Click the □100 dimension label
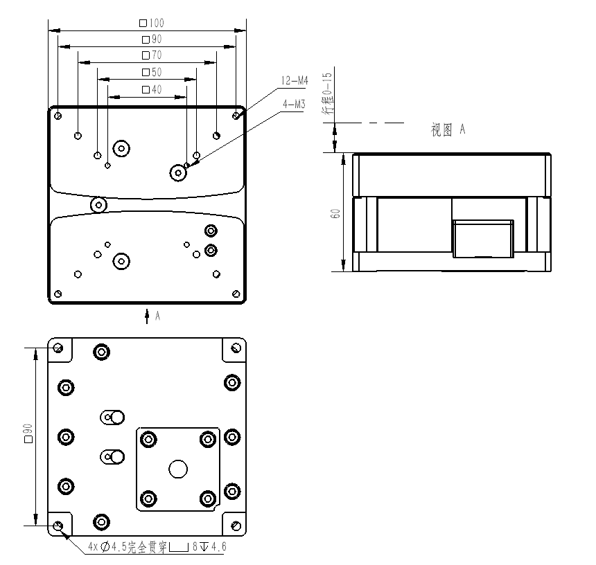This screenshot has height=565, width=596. point(152,23)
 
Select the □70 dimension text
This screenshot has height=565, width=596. point(152,55)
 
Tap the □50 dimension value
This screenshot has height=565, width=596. point(152,72)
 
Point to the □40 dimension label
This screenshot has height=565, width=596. point(152,89)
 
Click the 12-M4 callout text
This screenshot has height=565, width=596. point(295,80)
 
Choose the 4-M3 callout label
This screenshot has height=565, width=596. point(295,104)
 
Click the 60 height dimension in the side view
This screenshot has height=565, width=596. point(335,213)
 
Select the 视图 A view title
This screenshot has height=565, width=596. point(448,130)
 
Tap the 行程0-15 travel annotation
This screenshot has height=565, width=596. point(328,93)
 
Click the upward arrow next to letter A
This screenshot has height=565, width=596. point(147,316)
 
